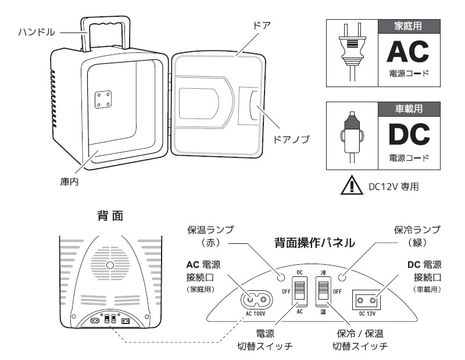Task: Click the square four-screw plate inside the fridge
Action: (x=103, y=99)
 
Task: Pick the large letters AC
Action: (x=409, y=53)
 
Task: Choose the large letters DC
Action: (x=409, y=134)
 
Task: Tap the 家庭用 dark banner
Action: (x=409, y=27)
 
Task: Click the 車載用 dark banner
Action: (x=409, y=109)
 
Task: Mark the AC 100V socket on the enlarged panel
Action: (x=256, y=300)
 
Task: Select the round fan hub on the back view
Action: (x=109, y=267)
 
